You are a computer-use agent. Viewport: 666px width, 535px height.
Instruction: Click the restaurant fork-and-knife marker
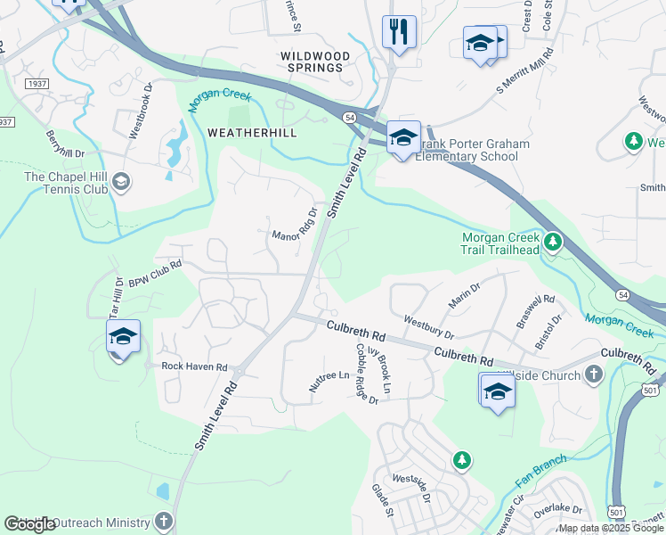coord(399,33)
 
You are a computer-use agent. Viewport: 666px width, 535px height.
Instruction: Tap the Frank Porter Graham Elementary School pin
coord(403,138)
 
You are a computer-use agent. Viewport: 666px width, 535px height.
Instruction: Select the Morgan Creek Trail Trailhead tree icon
coord(552,242)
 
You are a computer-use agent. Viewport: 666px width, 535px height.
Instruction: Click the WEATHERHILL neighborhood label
coord(252,132)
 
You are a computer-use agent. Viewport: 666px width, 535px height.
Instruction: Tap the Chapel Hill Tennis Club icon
coord(121,183)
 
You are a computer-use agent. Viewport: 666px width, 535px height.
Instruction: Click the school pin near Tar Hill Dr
coord(124,337)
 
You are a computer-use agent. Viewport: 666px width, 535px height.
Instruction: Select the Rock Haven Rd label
coord(195,366)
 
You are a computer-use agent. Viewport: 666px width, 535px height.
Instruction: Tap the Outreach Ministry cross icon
coord(163,521)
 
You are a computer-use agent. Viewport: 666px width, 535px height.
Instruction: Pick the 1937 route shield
coord(37,83)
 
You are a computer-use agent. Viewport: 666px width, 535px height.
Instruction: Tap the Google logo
coord(29,524)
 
